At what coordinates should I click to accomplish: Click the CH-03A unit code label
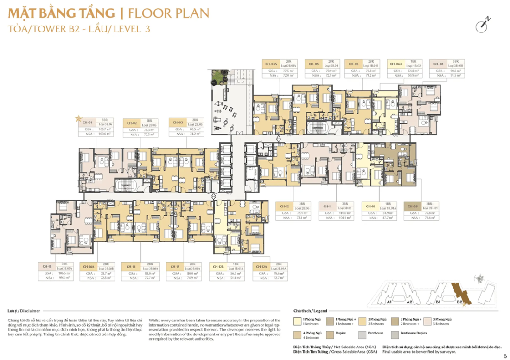(271, 64)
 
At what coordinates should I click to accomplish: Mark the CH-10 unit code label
(370, 206)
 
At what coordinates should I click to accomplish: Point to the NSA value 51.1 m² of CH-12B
(236, 278)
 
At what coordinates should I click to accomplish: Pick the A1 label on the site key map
(389, 302)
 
